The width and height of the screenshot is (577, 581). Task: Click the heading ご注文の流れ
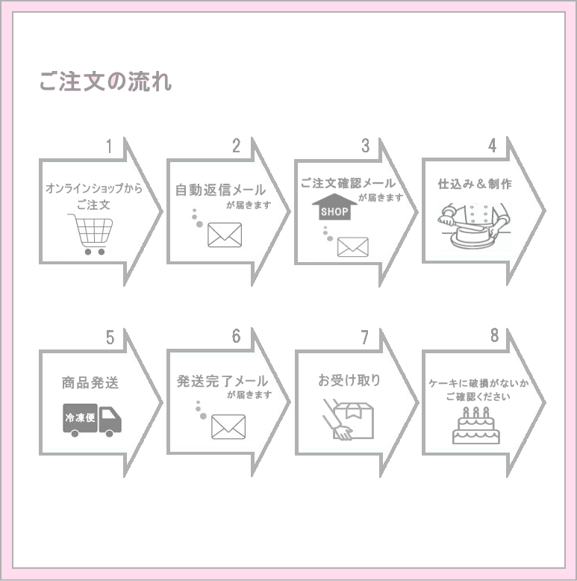[x=105, y=81]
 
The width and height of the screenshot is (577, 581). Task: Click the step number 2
[x=236, y=146]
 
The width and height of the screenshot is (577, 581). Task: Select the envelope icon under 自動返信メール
[x=225, y=235]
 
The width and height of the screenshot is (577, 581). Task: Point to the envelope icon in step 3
[x=353, y=246]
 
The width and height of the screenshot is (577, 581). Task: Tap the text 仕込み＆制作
[x=475, y=184]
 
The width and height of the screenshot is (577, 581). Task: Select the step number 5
[x=110, y=338]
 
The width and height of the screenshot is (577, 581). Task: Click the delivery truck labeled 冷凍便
[x=92, y=420]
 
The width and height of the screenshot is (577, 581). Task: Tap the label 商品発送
[x=90, y=383]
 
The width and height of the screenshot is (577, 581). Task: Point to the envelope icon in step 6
[x=228, y=426]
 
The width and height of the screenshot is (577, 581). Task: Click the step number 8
[x=494, y=336]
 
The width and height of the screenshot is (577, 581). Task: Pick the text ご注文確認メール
[x=348, y=183]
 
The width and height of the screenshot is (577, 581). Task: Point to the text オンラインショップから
[x=93, y=189]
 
